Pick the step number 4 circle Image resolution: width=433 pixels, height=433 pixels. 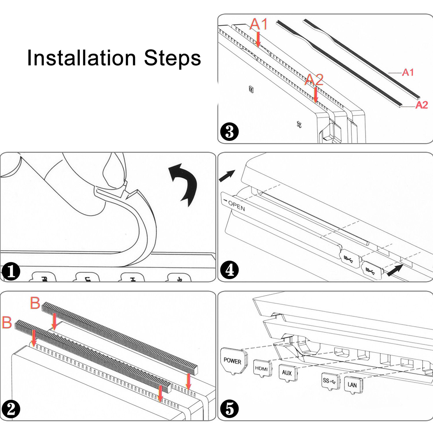(x=229, y=271)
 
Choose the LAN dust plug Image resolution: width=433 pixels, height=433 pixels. (x=353, y=384)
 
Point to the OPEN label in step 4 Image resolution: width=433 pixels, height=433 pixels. (x=236, y=206)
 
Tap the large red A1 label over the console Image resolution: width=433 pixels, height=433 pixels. (x=259, y=25)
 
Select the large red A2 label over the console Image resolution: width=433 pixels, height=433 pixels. (x=315, y=80)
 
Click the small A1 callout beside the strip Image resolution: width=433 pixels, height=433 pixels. (x=408, y=73)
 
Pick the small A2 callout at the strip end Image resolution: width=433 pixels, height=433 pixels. (x=421, y=105)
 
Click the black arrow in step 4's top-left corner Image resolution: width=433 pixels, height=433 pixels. (x=227, y=175)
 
